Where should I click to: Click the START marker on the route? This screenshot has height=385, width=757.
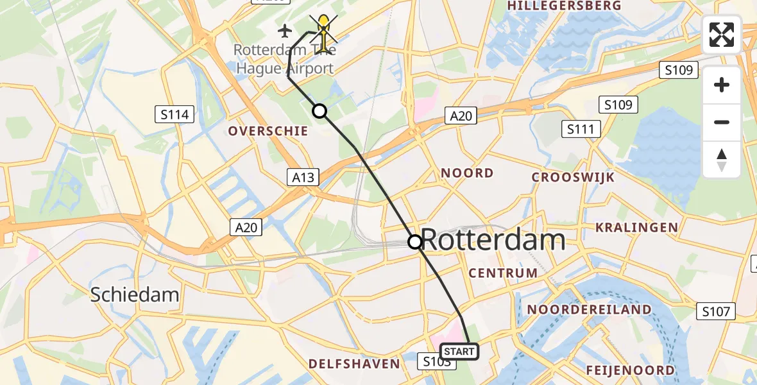[459, 352]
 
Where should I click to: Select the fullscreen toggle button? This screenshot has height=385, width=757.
[722, 35]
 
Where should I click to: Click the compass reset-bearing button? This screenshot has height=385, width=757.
[722, 160]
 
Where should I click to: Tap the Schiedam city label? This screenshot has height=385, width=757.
[134, 295]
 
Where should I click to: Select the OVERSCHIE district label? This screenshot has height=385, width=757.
[268, 131]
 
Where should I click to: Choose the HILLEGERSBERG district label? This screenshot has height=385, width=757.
[564, 6]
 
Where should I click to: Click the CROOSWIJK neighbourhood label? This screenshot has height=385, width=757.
[573, 177]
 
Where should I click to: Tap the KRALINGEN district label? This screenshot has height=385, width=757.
[636, 227]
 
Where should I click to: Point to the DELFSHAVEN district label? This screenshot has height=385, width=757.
[354, 364]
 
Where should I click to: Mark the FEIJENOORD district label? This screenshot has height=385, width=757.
[630, 370]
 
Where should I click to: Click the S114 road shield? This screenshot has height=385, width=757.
[175, 115]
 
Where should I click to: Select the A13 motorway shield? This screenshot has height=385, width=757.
[303, 177]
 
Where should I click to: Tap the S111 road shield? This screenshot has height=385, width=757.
[581, 129]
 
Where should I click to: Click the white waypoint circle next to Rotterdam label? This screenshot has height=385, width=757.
[415, 242]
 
